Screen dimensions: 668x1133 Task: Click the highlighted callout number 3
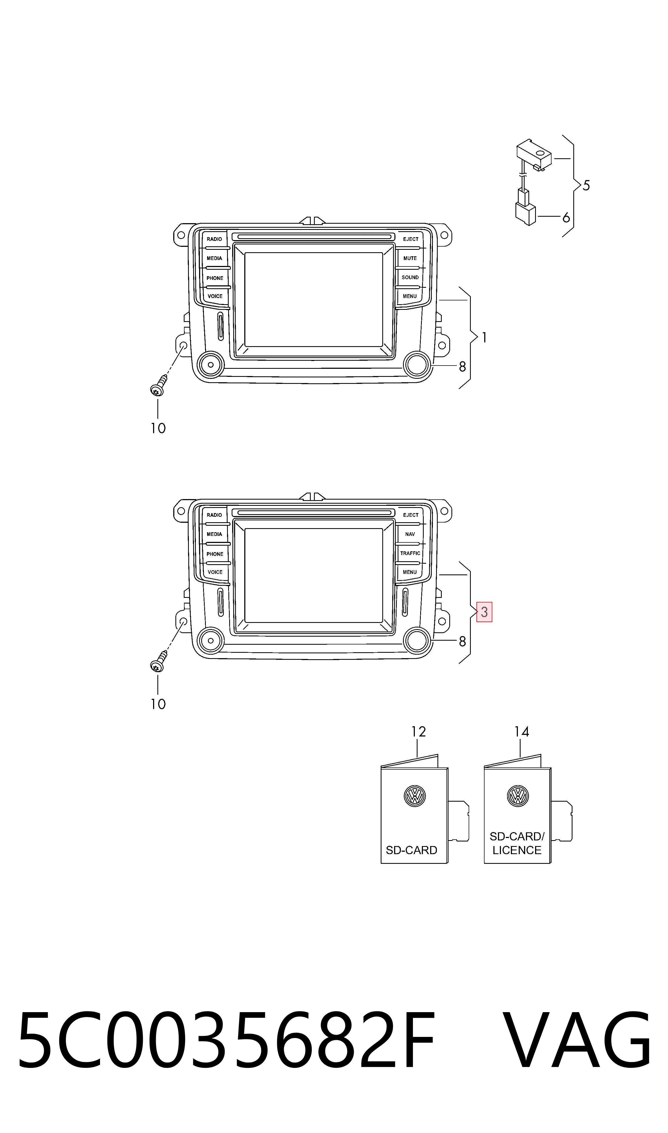click(484, 612)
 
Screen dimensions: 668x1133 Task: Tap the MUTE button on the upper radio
click(410, 258)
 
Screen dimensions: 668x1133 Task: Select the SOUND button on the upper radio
click(410, 278)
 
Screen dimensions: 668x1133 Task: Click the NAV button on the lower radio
click(410, 534)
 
